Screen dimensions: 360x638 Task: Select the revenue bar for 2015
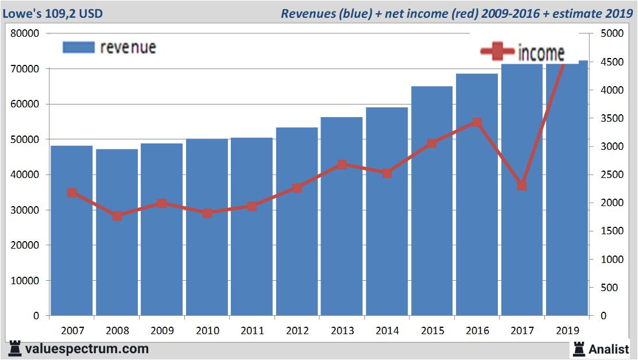432,201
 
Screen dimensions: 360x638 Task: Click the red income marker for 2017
521,185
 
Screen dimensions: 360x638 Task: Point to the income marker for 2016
477,122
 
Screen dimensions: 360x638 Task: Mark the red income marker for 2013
342,165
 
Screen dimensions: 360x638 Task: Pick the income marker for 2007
72,193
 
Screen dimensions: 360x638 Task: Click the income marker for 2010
207,213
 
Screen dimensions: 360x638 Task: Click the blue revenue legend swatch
78,47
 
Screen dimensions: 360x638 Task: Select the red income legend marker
497,52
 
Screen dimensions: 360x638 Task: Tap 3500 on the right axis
611,118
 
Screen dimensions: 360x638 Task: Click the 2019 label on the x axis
567,331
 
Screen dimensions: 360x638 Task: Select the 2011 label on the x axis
252,331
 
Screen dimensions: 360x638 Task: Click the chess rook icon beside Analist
578,349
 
